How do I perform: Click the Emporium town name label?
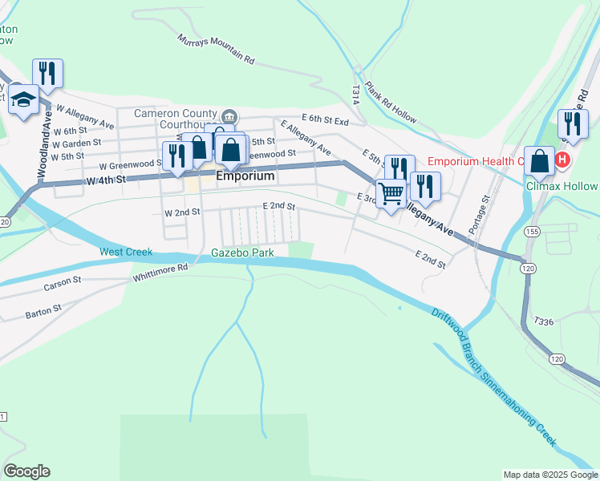pos(245,176)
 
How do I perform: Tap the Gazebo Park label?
pos(242,253)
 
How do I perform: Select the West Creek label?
pos(126,252)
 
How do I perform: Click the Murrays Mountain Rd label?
pos(216,49)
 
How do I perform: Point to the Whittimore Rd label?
pos(160,273)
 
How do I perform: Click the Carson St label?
pos(63,283)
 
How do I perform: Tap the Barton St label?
pos(43,309)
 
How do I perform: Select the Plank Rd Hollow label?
pos(391,102)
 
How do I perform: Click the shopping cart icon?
pos(391,193)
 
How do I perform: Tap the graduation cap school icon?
pos(24,99)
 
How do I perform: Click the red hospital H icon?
pos(561,160)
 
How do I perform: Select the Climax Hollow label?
pos(561,186)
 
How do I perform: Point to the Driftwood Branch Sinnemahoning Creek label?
pos(493,378)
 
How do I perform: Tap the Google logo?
pos(26,471)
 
